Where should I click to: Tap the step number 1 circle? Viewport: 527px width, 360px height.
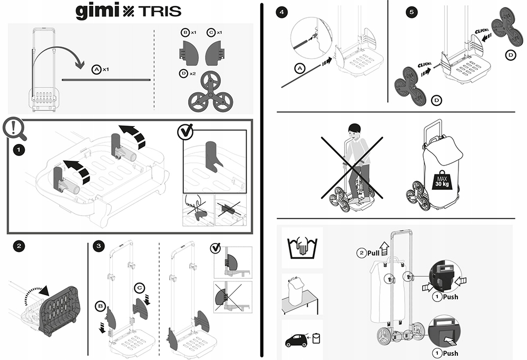click(x=18, y=150)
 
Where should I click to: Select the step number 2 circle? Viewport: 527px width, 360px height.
click(x=18, y=245)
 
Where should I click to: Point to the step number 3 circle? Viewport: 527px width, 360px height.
click(x=98, y=246)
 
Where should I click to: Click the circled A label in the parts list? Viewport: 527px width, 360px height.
click(x=96, y=69)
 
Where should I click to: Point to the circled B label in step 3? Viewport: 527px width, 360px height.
click(x=100, y=305)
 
